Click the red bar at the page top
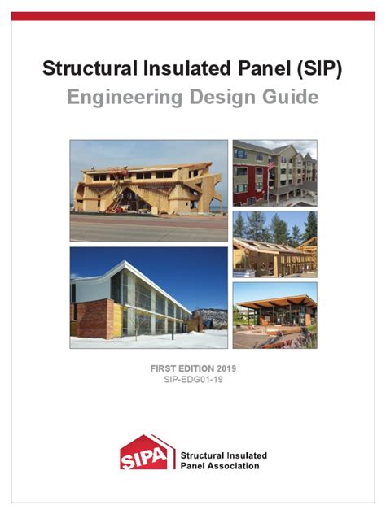coord(193,15)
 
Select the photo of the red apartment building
coord(274,172)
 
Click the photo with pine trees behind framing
coord(274,243)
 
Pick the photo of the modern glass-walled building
coord(148,298)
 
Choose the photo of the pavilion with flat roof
coord(274,316)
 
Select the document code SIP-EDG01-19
coord(193,381)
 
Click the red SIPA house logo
coord(147,454)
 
